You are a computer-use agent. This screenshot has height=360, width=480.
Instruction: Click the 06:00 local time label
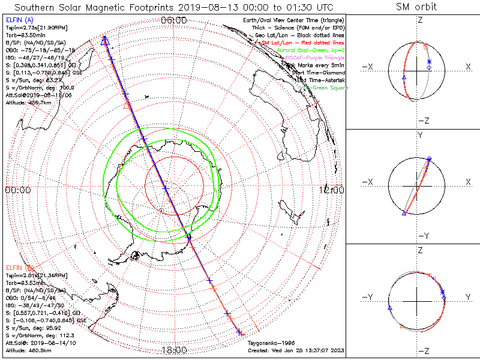point(174,20)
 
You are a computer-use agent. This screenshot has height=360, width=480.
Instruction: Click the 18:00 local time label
point(174,350)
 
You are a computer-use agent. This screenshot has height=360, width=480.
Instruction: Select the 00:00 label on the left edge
point(17,190)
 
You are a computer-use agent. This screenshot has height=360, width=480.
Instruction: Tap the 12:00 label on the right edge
point(333,190)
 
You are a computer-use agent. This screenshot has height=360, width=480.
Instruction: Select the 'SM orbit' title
point(416,7)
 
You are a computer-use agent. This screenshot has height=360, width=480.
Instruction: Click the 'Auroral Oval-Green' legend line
point(313,51)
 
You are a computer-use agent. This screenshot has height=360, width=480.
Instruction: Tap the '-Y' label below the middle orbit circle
point(422,235)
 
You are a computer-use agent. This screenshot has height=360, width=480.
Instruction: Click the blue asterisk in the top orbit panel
point(430,62)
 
